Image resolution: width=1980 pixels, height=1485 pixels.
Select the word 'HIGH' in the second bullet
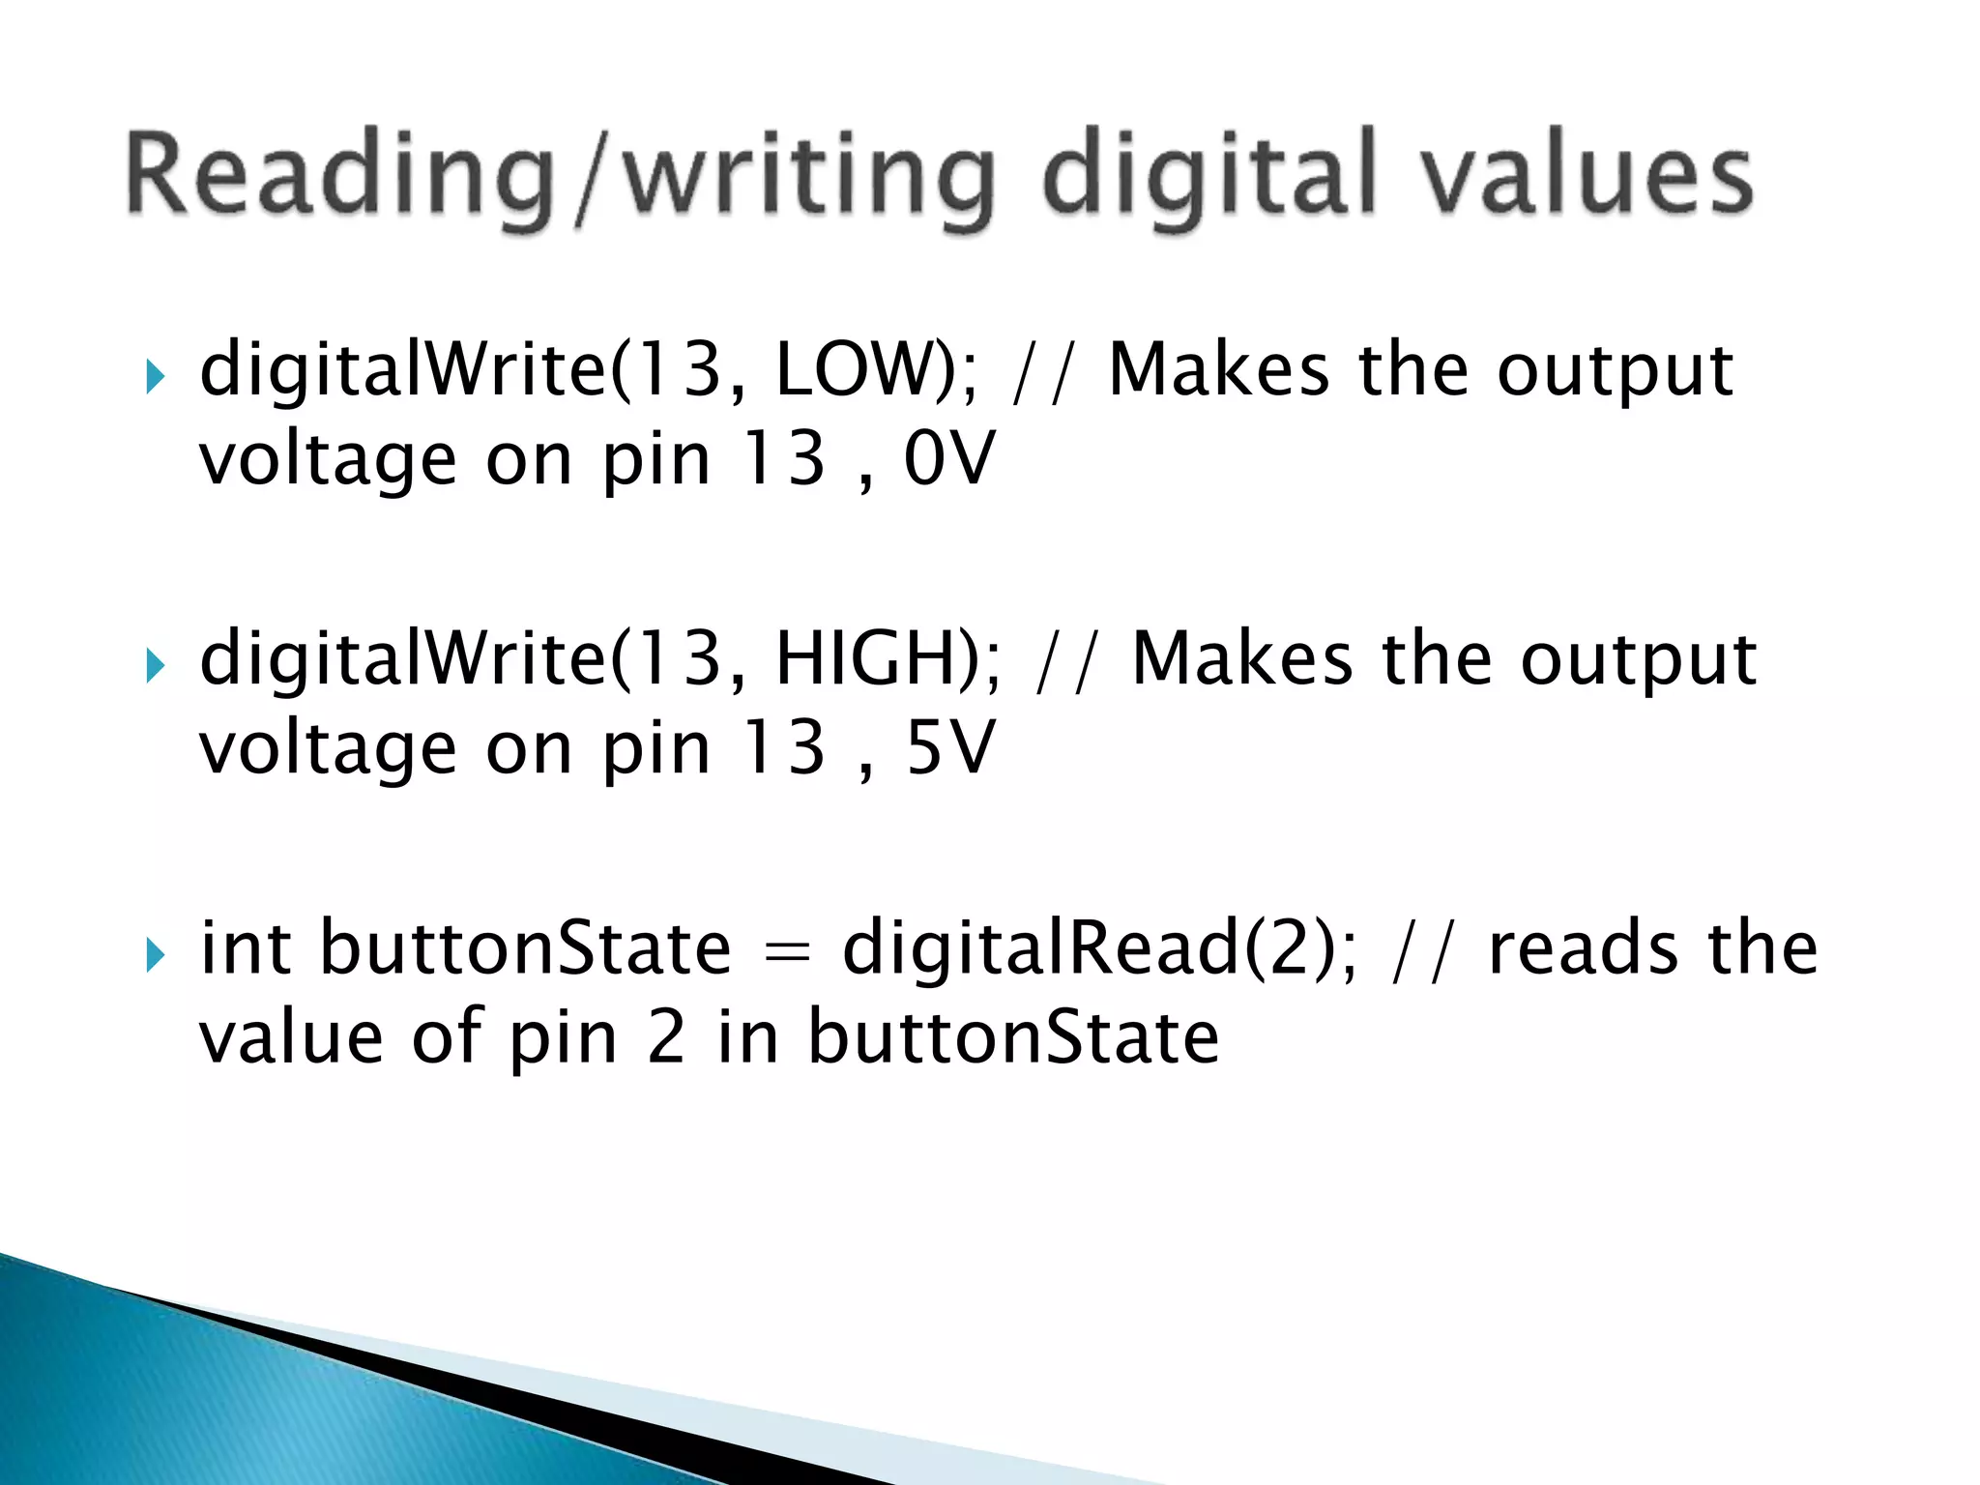click(x=875, y=659)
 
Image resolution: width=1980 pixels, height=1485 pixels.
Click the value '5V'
click(x=948, y=748)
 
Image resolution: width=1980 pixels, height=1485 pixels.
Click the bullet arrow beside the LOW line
click(x=156, y=376)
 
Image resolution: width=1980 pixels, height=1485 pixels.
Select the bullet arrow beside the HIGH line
click(x=156, y=665)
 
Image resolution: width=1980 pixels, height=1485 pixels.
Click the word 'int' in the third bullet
click(x=245, y=948)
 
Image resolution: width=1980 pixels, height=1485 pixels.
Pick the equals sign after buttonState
click(x=786, y=952)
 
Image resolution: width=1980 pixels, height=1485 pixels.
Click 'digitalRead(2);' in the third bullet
click(x=1098, y=948)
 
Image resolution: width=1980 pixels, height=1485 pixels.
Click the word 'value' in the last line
click(x=291, y=1037)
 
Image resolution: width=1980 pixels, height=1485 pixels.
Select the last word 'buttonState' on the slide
click(x=1013, y=1037)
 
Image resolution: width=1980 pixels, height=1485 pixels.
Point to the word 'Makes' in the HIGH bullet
click(x=1241, y=659)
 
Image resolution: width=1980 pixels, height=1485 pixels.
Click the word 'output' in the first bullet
click(x=1615, y=372)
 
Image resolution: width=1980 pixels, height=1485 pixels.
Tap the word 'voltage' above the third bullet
click(x=328, y=750)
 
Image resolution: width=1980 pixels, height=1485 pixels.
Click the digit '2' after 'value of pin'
click(x=666, y=1037)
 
